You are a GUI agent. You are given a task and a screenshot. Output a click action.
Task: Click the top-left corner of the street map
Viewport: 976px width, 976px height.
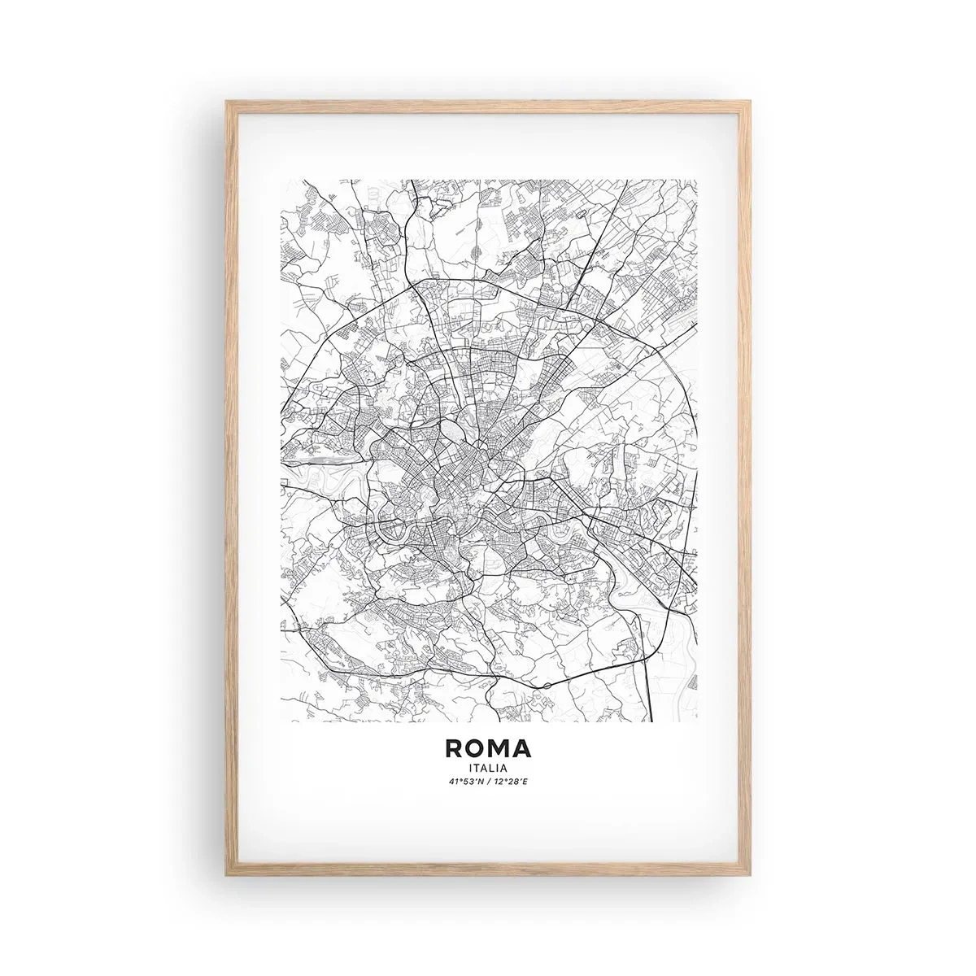281,180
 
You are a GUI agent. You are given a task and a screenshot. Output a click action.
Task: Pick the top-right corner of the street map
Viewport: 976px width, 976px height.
696,180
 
